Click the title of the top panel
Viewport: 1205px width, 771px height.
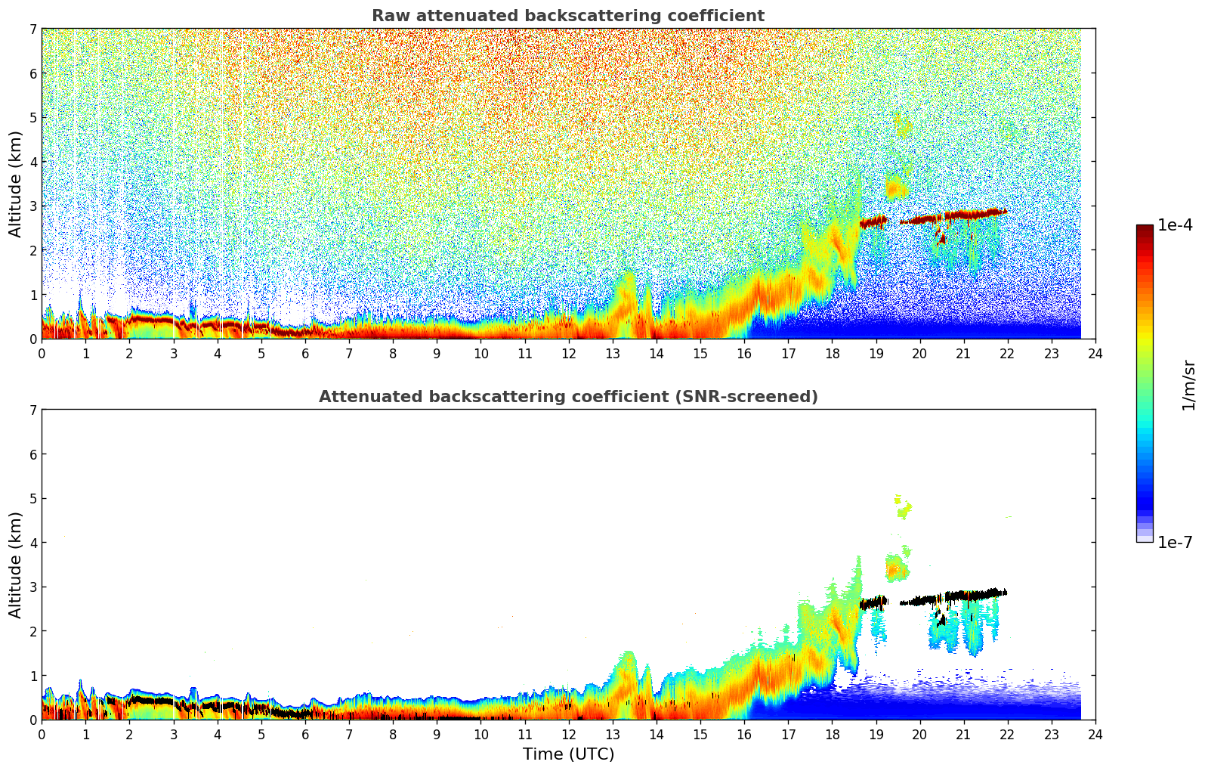[x=567, y=16]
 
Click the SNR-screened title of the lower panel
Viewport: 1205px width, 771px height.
[x=567, y=397]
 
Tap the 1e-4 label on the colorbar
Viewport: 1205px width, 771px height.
[x=1175, y=225]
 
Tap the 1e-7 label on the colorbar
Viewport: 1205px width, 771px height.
[x=1175, y=543]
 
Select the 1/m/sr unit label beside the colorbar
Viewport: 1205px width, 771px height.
[x=1188, y=385]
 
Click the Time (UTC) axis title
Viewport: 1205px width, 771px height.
[x=568, y=754]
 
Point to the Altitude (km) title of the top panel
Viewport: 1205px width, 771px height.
[x=16, y=184]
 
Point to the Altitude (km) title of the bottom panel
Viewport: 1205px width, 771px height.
[x=16, y=565]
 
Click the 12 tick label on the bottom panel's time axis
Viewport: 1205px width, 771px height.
[x=568, y=734]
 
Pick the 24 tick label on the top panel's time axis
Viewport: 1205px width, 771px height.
[x=1095, y=353]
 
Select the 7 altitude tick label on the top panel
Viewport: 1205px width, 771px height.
[x=32, y=29]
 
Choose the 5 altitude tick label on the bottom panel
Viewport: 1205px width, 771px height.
[x=32, y=499]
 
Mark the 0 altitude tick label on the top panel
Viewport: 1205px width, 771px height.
[x=32, y=339]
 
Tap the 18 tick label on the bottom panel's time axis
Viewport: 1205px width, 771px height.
[x=832, y=734]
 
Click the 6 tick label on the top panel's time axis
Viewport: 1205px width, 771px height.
[x=305, y=353]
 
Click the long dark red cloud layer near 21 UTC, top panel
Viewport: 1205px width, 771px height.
[x=967, y=215]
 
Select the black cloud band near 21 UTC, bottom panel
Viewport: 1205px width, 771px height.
[x=967, y=596]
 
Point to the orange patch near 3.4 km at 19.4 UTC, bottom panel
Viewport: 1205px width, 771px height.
[x=896, y=568]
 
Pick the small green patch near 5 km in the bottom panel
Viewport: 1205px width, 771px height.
[x=903, y=509]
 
